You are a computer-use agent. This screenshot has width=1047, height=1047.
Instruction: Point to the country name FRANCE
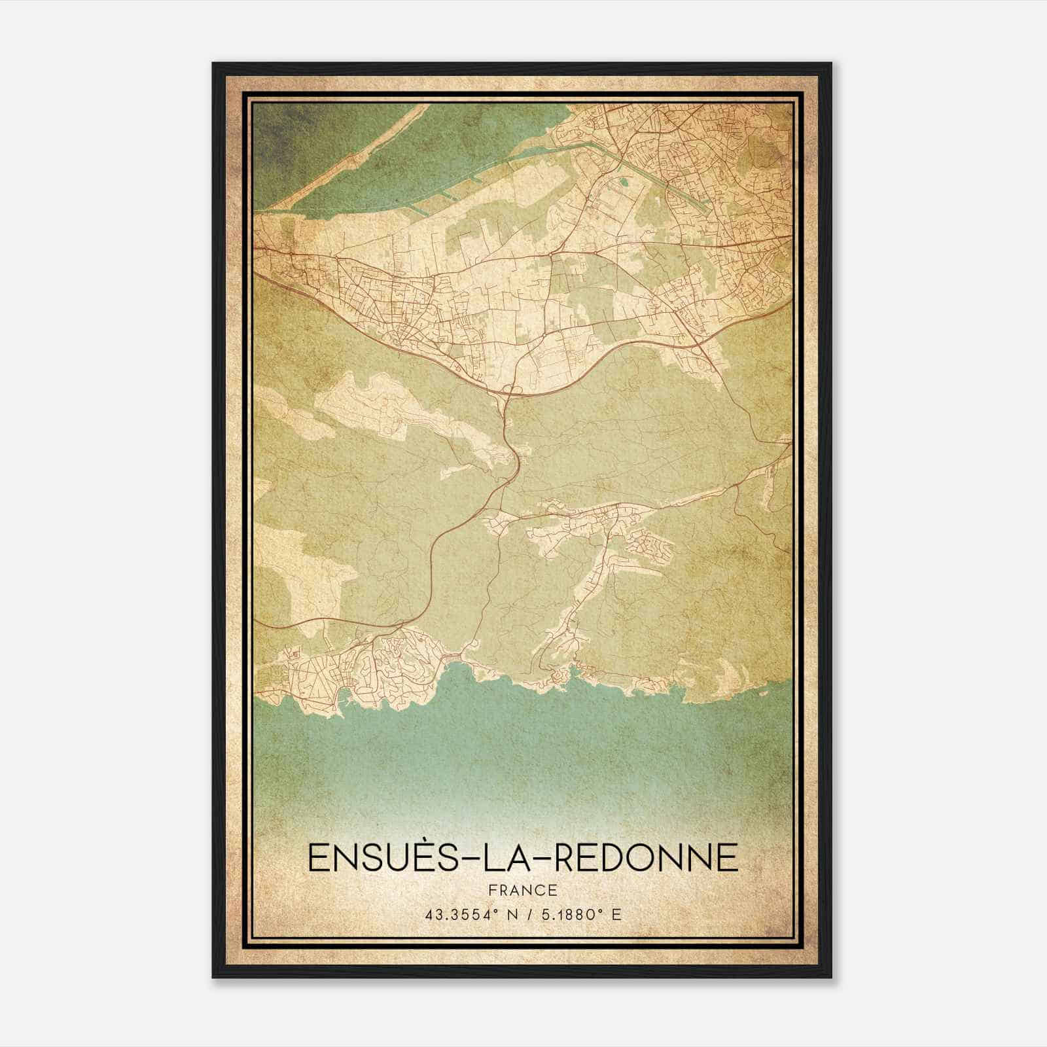coord(522,891)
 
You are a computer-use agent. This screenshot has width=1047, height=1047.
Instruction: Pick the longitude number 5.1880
coord(565,914)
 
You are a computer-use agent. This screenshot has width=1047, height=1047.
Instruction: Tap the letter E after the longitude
coord(615,914)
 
